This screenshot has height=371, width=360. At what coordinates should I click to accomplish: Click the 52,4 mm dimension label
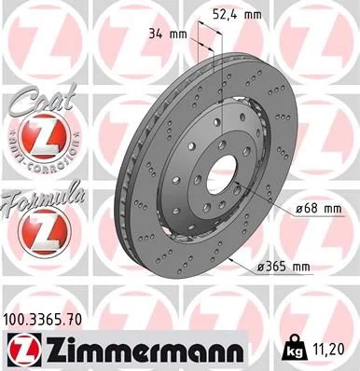pyautogui.click(x=262, y=15)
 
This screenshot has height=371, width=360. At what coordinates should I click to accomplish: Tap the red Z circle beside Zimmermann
pyautogui.click(x=23, y=350)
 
